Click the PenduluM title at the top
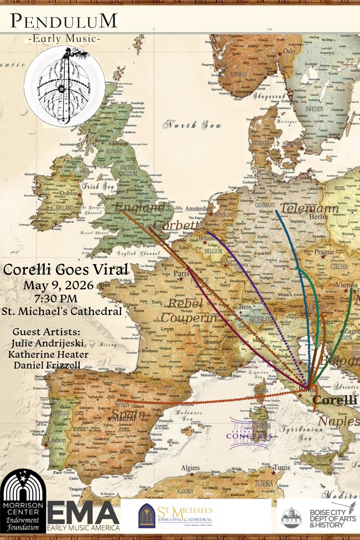(x=64, y=21)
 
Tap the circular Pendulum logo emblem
(x=64, y=86)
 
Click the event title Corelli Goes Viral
(x=66, y=270)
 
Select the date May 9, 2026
(x=58, y=285)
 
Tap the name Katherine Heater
(x=48, y=354)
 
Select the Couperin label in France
(x=189, y=318)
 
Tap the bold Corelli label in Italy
(x=334, y=400)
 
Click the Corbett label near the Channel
(x=175, y=225)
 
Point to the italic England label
(x=140, y=207)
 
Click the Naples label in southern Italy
(x=339, y=422)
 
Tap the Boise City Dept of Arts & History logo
(x=317, y=515)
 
